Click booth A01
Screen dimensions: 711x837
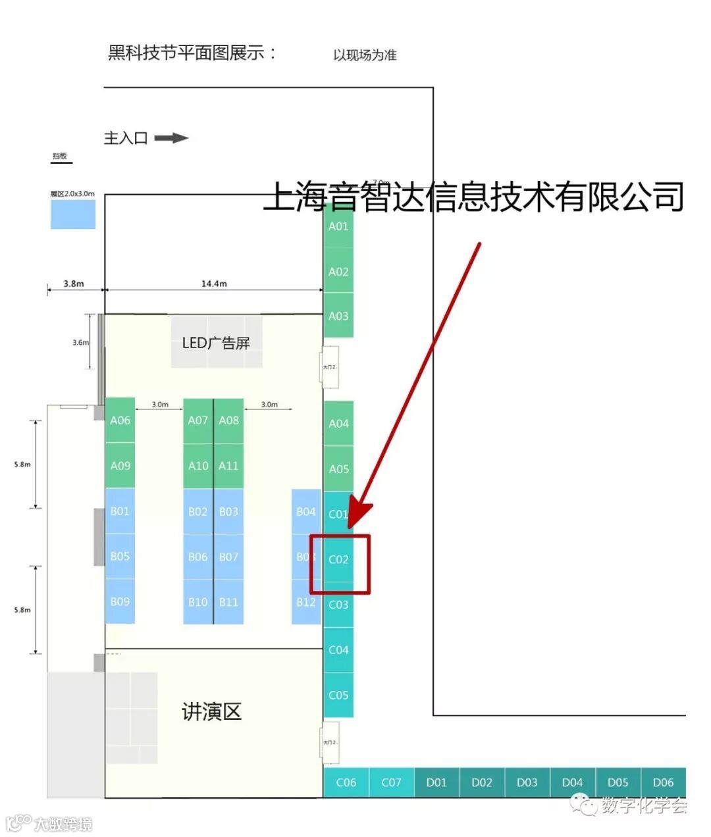[338, 226]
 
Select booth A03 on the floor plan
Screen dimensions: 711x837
[338, 316]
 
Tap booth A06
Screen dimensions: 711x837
[120, 420]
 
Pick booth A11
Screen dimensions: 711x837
[228, 466]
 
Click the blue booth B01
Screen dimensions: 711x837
[120, 511]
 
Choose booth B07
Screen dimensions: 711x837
[228, 557]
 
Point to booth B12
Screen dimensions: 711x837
[306, 601]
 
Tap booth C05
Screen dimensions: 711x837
[338, 695]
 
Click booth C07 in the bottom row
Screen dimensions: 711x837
[391, 782]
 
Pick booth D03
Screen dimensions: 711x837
[527, 782]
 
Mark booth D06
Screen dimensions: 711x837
[663, 782]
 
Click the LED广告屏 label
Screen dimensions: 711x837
[216, 343]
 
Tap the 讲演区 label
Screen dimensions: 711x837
[212, 711]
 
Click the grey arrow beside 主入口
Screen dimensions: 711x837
[171, 138]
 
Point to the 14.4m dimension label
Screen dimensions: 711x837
[214, 284]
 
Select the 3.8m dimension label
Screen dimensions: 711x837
[74, 284]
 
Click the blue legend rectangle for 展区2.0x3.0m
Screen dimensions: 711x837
[73, 215]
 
